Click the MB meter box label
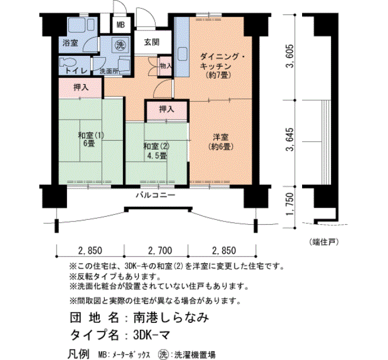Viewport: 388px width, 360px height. click(121, 25)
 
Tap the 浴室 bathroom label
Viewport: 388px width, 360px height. click(70, 43)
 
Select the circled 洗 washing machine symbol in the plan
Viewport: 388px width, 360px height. click(120, 45)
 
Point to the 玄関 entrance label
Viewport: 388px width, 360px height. click(152, 42)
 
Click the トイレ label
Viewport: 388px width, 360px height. click(76, 71)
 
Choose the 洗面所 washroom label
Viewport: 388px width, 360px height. click(109, 71)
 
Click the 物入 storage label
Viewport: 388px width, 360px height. click(166, 66)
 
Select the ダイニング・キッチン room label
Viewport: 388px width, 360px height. click(219, 66)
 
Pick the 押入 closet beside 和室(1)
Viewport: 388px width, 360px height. click(81, 88)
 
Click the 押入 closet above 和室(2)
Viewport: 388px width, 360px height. click(166, 109)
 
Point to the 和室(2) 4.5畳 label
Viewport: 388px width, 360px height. click(156, 151)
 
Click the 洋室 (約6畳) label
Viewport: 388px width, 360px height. click(221, 142)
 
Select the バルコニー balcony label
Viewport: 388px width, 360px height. click(155, 196)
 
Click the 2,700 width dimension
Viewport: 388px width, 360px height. click(160, 251)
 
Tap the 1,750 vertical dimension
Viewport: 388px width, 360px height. click(290, 204)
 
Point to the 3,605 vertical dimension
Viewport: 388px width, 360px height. click(290, 56)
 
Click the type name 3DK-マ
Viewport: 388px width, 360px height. click(151, 335)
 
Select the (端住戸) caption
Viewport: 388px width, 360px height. click(324, 242)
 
